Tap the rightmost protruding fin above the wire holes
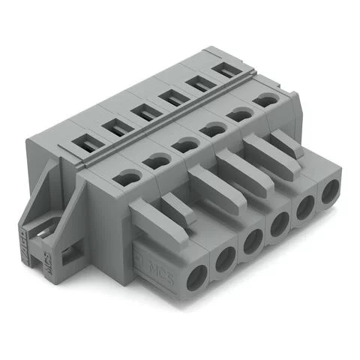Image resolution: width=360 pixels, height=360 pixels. [x=284, y=142]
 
